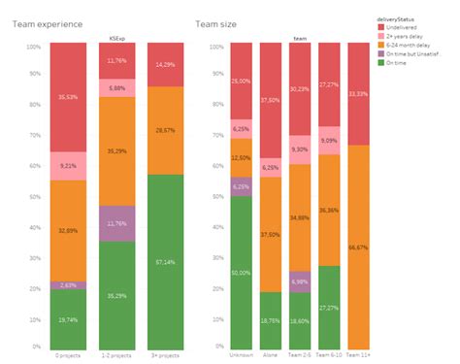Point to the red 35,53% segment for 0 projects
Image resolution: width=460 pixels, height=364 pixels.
(66, 98)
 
